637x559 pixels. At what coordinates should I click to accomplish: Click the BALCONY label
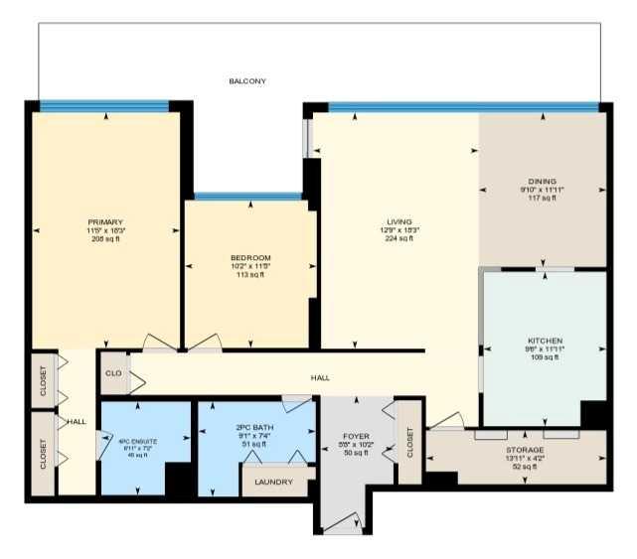(x=247, y=81)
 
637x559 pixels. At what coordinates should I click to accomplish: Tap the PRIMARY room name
(x=104, y=221)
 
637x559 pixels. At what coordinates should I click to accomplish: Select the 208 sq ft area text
(x=104, y=238)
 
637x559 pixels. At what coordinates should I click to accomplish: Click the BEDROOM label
(x=249, y=258)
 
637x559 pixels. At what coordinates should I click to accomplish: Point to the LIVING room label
(x=399, y=221)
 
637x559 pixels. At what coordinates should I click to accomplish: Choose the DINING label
(x=543, y=182)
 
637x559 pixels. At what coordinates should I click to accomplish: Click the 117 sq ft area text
(x=543, y=198)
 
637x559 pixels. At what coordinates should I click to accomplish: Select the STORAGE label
(x=523, y=450)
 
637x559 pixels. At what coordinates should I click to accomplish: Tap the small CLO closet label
(x=113, y=373)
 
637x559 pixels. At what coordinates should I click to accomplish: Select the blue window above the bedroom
(x=247, y=196)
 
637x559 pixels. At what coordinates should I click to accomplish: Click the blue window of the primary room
(x=104, y=105)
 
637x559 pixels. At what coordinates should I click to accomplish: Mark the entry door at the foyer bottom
(x=344, y=523)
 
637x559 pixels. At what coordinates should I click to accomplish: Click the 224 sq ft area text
(x=399, y=238)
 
